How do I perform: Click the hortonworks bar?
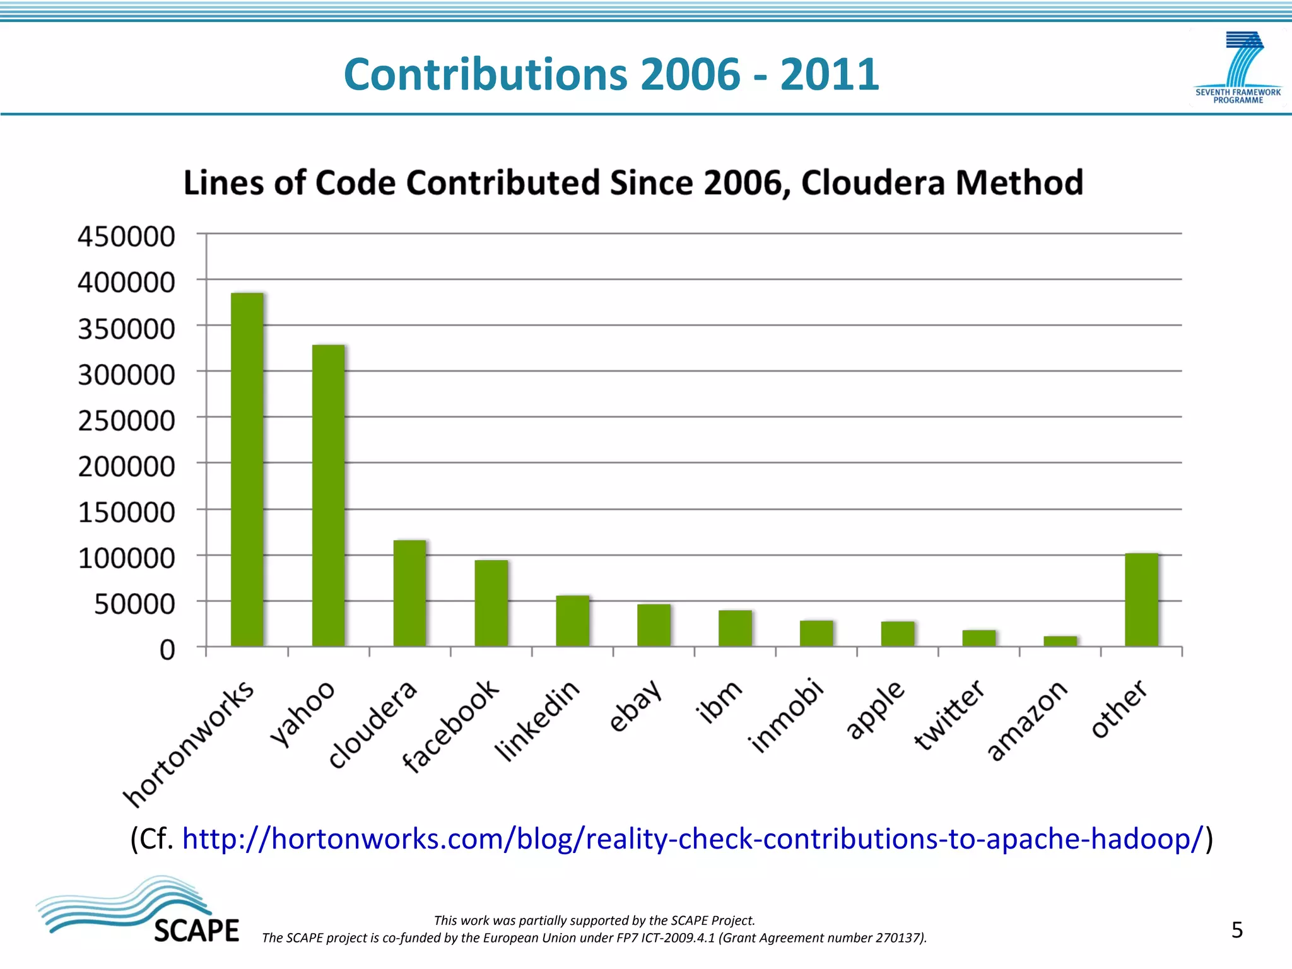[247, 469]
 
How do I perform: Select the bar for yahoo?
[328, 495]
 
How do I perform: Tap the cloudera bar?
[409, 593]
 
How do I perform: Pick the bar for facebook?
[491, 603]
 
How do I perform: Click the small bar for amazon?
[1060, 641]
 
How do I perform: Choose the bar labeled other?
[1141, 599]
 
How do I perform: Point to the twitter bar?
[978, 638]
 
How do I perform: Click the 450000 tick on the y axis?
[126, 237]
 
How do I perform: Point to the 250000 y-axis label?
[126, 421]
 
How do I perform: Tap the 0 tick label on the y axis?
[167, 650]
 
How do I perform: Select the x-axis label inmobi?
[786, 715]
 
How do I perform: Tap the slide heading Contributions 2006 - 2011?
[611, 74]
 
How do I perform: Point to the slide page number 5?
[1236, 930]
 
